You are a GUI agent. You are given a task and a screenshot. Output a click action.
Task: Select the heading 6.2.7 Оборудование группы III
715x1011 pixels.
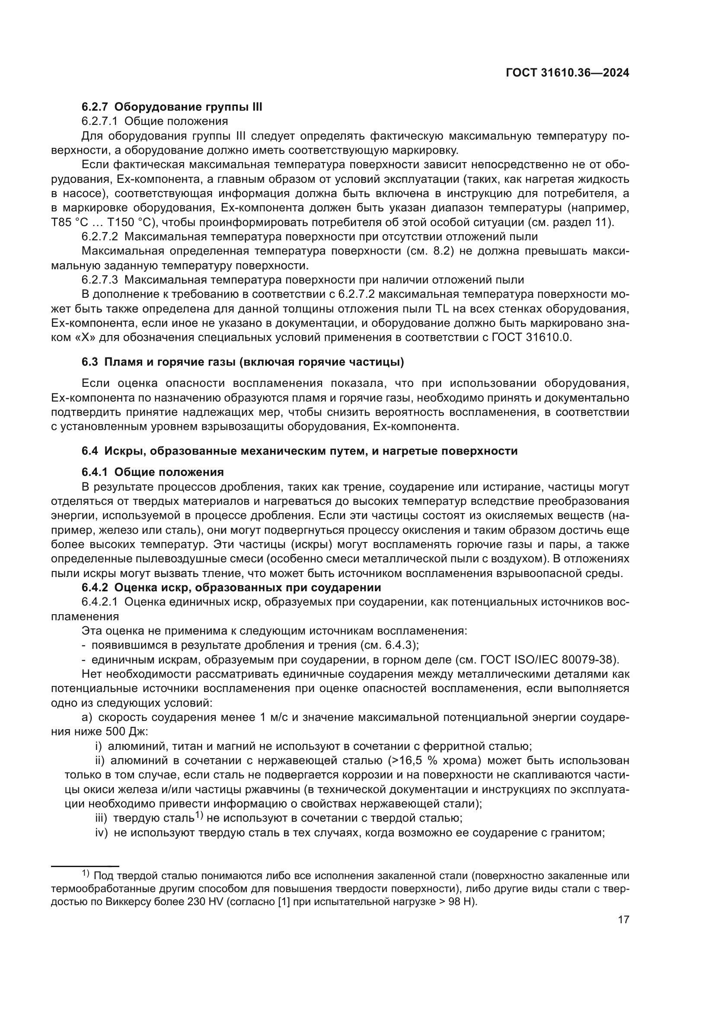172,107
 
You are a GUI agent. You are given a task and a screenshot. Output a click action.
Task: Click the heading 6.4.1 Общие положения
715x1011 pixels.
152,472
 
